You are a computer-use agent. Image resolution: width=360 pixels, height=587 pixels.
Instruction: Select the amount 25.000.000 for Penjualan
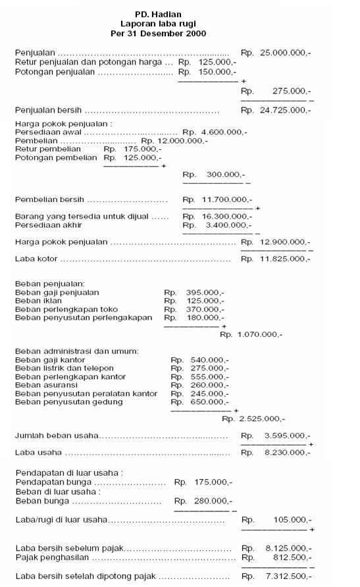coord(286,52)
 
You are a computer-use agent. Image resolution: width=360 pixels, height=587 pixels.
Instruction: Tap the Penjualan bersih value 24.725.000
coord(286,110)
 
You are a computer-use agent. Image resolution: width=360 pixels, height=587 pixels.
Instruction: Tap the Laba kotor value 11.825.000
coord(286,259)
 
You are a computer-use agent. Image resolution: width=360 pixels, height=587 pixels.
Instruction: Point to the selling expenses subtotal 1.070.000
coord(260,335)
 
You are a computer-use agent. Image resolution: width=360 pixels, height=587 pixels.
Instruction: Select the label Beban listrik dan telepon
coord(64,369)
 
